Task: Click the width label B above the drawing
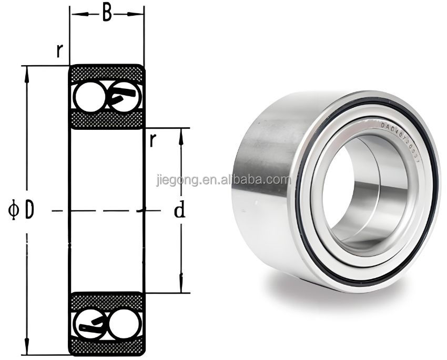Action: [x=107, y=13]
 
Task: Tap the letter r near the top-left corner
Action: [x=60, y=50]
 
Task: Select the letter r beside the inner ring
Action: [x=153, y=141]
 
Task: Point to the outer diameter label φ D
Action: [x=22, y=210]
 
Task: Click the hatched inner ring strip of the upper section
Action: [x=107, y=119]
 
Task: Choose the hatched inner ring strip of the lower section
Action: [x=107, y=301]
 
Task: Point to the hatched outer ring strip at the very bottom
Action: [x=107, y=348]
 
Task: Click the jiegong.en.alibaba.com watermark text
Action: [x=223, y=180]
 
